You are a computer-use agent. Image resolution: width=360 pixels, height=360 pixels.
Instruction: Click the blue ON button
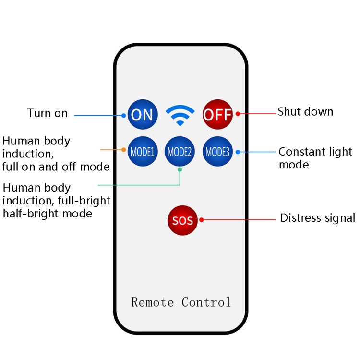point(142,115)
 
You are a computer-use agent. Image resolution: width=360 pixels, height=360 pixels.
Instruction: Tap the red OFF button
point(217,115)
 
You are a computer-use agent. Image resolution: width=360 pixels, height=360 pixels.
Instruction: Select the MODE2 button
point(180,152)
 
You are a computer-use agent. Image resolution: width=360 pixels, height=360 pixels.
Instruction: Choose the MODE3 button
point(217,152)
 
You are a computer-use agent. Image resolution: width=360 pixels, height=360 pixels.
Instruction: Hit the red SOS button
point(182,220)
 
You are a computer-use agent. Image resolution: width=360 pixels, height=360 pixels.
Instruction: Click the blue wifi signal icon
point(180,115)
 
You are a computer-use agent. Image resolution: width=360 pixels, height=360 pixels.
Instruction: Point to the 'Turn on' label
point(48,113)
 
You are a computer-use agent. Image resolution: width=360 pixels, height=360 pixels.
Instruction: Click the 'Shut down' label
point(305,112)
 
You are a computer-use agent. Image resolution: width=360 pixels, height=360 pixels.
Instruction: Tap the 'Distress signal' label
point(318,218)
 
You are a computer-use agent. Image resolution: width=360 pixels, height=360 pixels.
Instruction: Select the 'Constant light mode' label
point(315,158)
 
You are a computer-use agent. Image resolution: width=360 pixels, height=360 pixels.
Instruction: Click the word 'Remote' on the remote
point(153,302)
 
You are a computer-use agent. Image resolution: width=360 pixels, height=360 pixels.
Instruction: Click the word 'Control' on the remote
point(206,302)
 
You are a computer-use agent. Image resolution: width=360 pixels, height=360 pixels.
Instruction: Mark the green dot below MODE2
point(180,169)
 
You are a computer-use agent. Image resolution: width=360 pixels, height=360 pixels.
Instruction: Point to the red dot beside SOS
point(202,220)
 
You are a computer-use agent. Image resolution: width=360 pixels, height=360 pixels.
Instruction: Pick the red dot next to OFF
point(237,114)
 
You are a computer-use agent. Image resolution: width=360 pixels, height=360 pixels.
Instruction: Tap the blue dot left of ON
point(124,115)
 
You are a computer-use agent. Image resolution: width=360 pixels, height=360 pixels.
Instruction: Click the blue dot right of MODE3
point(238,152)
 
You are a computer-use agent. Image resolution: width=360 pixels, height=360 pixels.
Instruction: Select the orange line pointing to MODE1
point(113,150)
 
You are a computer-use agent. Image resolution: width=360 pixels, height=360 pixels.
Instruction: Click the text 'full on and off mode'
point(56,167)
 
